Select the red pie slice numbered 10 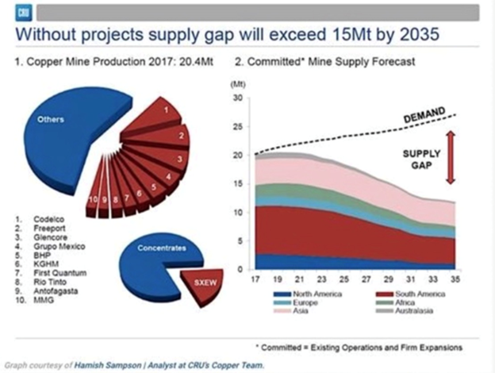(x=94, y=197)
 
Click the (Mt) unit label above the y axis (x=236, y=83)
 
